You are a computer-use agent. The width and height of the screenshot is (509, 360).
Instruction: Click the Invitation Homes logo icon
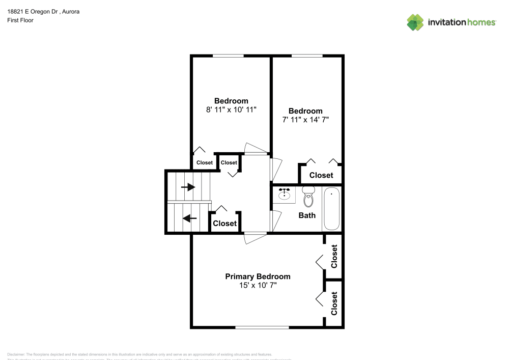(x=415, y=22)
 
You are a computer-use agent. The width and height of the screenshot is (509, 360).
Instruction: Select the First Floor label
(x=20, y=20)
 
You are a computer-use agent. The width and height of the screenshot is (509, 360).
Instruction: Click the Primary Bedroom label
(x=258, y=276)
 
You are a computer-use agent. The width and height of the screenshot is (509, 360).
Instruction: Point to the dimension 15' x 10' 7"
(x=258, y=286)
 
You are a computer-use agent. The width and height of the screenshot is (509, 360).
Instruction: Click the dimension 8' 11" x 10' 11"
(x=231, y=109)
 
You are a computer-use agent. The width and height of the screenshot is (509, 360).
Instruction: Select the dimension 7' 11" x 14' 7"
(x=305, y=120)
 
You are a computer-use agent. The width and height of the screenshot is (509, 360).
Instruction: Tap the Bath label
(x=307, y=215)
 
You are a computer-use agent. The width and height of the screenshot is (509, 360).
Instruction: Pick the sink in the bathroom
(x=284, y=194)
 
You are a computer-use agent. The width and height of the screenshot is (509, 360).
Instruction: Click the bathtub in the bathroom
(x=332, y=209)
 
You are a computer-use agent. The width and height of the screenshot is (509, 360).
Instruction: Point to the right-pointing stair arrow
(x=188, y=187)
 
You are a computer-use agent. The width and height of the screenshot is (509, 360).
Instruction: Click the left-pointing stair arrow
(x=190, y=218)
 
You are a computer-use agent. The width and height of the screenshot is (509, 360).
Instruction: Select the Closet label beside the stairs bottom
(x=224, y=224)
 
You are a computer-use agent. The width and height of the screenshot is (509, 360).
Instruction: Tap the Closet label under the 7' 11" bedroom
(x=321, y=175)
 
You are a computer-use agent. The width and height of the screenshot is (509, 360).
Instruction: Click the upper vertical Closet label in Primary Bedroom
(x=334, y=257)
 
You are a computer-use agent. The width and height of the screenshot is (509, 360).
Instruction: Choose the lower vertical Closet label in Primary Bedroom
(x=334, y=303)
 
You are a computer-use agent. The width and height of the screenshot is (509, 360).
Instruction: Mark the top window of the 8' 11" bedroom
(x=228, y=56)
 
